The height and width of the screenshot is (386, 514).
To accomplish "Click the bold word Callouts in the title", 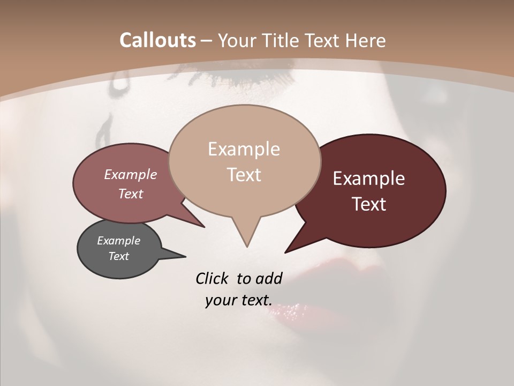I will (157, 40).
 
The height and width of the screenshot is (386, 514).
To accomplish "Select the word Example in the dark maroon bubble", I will (369, 179).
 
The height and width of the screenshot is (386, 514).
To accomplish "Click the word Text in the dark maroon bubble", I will (369, 204).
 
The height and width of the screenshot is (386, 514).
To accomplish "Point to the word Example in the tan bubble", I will (244, 149).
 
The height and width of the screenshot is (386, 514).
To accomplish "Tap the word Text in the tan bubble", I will (244, 175).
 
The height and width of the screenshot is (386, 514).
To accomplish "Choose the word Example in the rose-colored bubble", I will (131, 174).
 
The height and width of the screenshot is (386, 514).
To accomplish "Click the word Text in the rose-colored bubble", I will (131, 194).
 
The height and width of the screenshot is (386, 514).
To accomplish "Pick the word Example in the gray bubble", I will (118, 241).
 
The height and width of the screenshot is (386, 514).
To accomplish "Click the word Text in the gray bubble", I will (118, 256).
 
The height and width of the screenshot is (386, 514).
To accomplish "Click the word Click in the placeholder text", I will (213, 278).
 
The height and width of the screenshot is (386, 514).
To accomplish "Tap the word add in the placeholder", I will (269, 278).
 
